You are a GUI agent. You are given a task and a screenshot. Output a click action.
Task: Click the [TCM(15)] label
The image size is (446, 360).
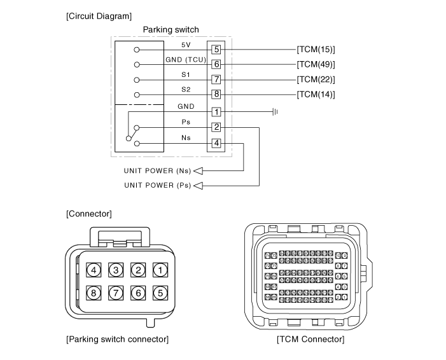pos(316,50)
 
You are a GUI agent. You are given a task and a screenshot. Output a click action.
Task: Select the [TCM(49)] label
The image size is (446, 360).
pos(316,65)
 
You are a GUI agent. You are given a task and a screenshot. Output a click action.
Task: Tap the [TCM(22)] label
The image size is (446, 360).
pos(316,80)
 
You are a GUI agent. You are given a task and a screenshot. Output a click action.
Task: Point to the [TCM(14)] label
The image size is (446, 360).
pos(316,95)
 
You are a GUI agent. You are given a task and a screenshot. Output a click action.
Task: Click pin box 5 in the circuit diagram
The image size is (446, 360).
pos(216,50)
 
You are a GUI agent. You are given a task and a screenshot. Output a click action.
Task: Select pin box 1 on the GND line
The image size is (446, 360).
pos(216,112)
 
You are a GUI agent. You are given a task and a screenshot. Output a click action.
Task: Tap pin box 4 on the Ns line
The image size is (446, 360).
pos(216,143)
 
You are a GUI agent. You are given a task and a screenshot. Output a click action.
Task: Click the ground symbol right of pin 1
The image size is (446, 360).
pos(275,112)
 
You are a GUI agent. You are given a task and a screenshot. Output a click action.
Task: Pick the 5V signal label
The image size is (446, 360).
pos(186,45)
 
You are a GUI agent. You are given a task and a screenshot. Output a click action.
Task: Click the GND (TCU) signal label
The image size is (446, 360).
pos(186,60)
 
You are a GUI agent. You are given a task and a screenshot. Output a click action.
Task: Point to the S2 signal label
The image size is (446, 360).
pos(186,90)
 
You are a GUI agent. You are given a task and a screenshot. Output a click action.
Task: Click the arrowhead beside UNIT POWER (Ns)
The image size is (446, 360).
pos(197,170)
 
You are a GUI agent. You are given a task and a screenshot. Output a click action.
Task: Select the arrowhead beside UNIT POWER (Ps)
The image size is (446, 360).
pos(197,186)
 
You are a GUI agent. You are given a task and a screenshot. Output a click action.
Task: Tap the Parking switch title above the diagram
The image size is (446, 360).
pos(171,30)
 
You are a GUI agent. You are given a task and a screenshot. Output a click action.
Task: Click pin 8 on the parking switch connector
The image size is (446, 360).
pos(94,294)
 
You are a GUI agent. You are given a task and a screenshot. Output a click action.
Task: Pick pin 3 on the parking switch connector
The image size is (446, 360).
pos(116,270)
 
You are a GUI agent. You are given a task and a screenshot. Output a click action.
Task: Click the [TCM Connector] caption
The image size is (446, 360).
pos(310,340)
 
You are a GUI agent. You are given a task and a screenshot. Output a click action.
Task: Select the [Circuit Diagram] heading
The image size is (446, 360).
pos(99,15)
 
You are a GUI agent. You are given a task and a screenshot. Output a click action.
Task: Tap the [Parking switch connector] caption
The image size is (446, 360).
pos(118,340)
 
